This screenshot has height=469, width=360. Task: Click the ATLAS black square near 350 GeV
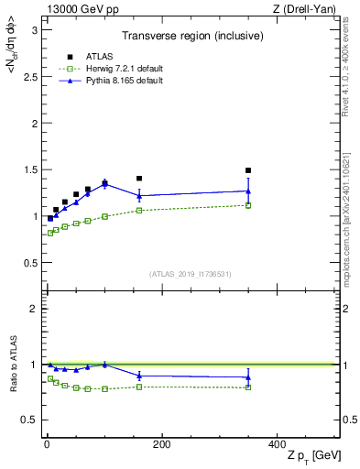pyautogui.click(x=248, y=170)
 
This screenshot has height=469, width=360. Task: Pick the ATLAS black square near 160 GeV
pyautogui.click(x=139, y=179)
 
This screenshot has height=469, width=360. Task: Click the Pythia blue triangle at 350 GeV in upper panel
pyautogui.click(x=248, y=191)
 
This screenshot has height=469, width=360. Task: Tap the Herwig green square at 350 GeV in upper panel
pyautogui.click(x=248, y=205)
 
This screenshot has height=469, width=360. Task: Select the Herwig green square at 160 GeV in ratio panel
pyautogui.click(x=139, y=387)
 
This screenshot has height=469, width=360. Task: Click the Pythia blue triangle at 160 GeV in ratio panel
pyautogui.click(x=139, y=376)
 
